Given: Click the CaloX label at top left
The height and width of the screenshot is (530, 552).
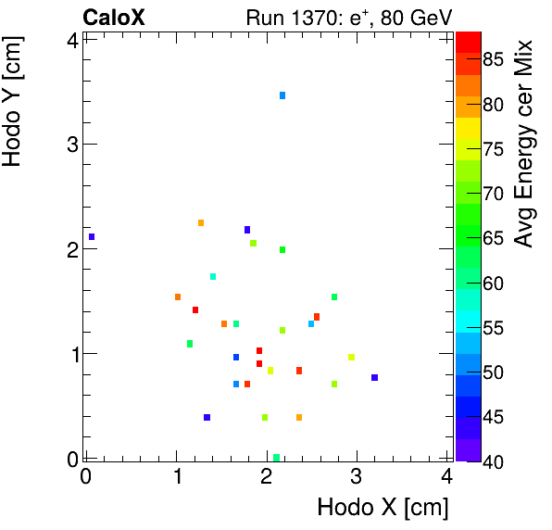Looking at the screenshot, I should pyautogui.click(x=114, y=17).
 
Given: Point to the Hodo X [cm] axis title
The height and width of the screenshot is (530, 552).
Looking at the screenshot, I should pyautogui.click(x=383, y=508).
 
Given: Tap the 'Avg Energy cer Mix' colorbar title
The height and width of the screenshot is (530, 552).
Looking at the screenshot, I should pyautogui.click(x=524, y=144).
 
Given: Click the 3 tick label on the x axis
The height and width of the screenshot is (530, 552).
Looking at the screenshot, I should pyautogui.click(x=357, y=478).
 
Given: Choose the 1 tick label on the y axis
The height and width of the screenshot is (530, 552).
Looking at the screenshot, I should pyautogui.click(x=70, y=353).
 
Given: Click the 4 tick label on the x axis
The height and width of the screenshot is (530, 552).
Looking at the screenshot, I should pyautogui.click(x=447, y=478).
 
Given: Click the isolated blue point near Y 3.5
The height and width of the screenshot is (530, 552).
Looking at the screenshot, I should pyautogui.click(x=282, y=95).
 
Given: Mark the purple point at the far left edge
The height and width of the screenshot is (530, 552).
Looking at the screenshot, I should pyautogui.click(x=92, y=236).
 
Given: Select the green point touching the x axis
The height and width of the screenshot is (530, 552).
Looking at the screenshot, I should pyautogui.click(x=277, y=457).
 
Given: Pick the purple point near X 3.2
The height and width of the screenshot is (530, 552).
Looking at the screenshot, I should pyautogui.click(x=374, y=377).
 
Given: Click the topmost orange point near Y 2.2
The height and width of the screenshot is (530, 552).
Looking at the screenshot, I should pyautogui.click(x=201, y=222).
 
